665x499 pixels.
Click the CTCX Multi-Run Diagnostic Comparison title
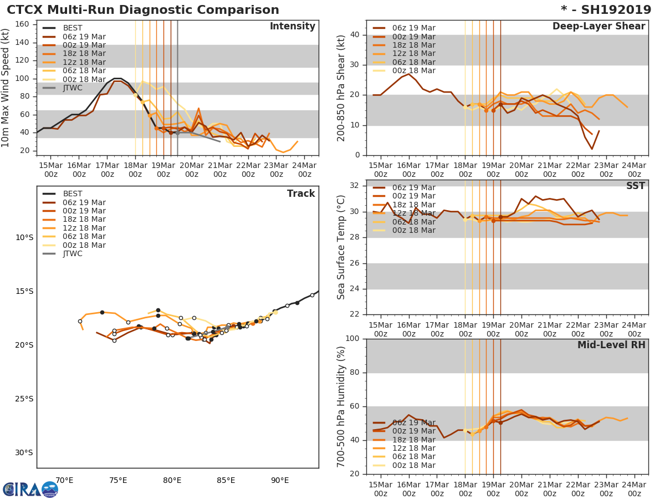point(143,10)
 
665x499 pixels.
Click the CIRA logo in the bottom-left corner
point(30,489)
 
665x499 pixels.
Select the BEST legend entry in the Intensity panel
point(73,28)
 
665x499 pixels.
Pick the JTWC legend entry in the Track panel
point(73,254)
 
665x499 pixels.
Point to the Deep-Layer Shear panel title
point(598,27)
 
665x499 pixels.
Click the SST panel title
point(635,186)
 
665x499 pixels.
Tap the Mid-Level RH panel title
point(611,345)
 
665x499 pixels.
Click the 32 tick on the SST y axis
point(354,186)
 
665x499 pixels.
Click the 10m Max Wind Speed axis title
point(6,88)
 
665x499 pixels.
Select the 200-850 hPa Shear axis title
point(341,88)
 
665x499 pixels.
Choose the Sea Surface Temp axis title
point(341,247)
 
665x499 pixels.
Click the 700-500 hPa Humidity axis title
point(341,406)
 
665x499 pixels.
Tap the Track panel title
point(300,194)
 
